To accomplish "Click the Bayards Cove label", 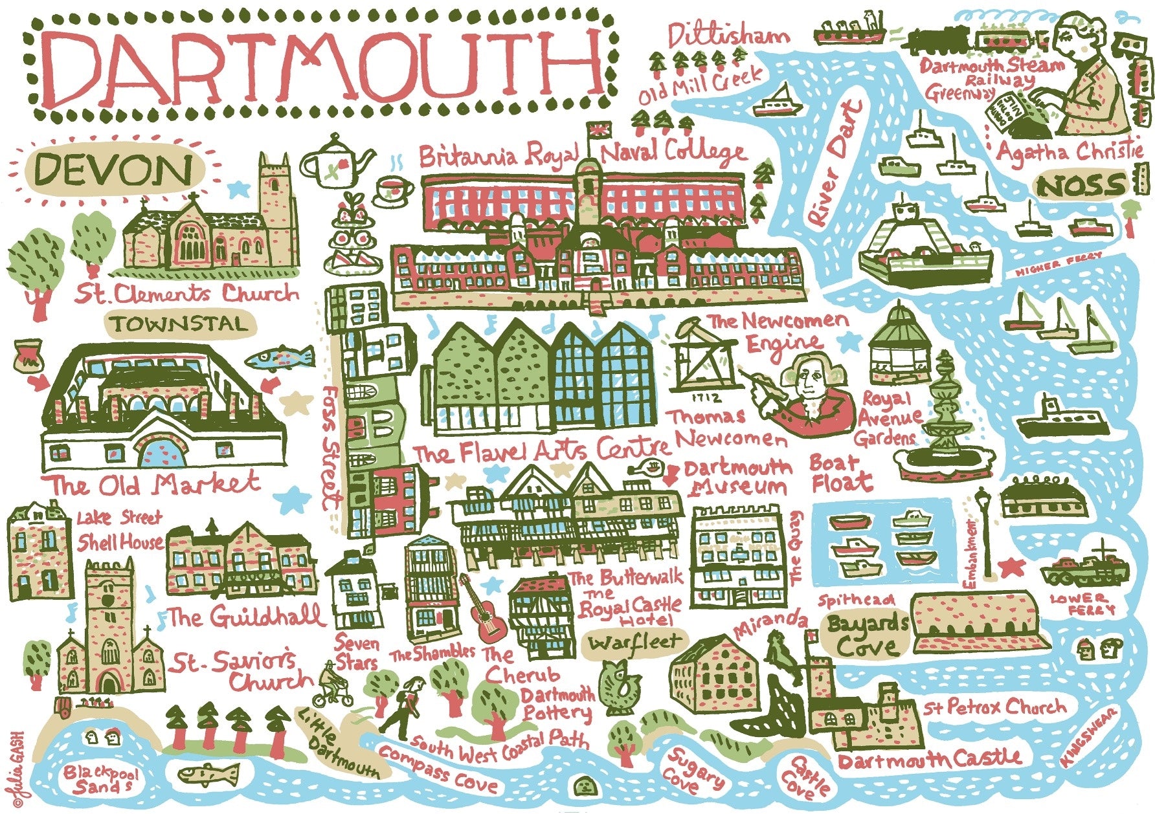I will point(866,635).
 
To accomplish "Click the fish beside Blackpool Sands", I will point(207,773).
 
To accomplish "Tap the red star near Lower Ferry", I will point(1007,568).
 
